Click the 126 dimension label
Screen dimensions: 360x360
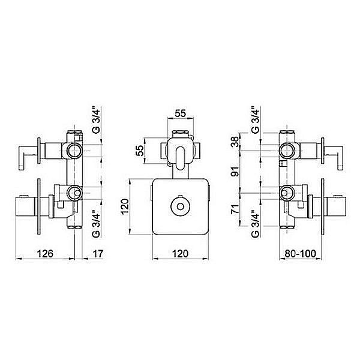point(45,254)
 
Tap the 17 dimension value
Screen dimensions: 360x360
point(98,254)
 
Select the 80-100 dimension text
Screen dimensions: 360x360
point(301,254)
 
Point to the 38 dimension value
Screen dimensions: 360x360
point(235,142)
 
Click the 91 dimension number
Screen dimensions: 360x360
point(235,171)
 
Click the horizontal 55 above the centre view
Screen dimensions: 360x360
point(181,113)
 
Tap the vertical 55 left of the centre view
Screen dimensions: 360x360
point(139,151)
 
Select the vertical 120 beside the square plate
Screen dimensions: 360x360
point(125,206)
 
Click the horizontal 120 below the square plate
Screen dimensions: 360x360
point(180,254)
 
